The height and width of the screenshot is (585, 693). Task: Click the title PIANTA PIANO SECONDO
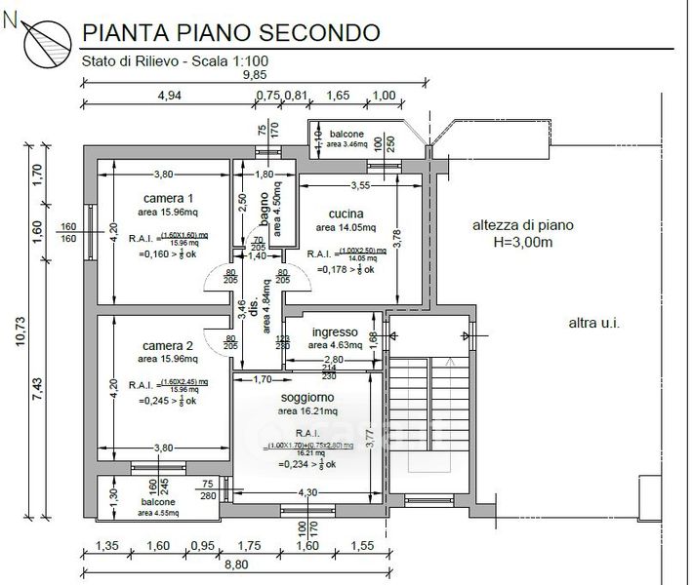point(230,31)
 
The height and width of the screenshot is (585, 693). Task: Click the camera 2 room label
point(167,346)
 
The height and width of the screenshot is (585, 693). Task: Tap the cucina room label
point(346,214)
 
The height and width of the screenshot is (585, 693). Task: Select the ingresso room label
point(334,330)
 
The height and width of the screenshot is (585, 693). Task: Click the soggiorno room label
point(307,398)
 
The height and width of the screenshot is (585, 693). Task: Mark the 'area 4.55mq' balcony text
point(157,512)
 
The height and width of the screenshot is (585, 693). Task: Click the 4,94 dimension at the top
point(170,96)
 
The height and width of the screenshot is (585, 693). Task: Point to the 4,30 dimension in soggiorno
point(306,492)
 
